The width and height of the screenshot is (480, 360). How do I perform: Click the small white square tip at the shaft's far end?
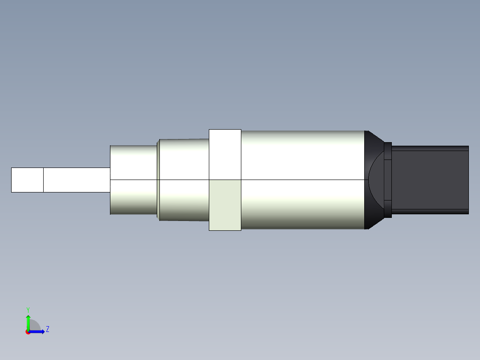click(27, 180)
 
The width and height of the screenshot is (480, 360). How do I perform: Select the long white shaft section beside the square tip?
click(77, 180)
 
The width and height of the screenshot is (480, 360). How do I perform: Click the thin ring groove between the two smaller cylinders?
click(158, 180)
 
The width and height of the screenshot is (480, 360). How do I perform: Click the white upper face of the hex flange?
click(225, 154)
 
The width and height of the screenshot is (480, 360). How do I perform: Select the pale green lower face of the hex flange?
click(225, 205)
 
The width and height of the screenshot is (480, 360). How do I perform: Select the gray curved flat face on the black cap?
click(377, 180)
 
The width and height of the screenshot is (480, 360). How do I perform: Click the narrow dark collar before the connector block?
click(388, 180)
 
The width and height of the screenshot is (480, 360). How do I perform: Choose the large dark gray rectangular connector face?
click(430, 180)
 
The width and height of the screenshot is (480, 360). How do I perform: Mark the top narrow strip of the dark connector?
click(430, 148)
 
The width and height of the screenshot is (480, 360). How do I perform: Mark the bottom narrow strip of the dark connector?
click(430, 212)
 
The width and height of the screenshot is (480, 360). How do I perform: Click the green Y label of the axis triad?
click(28, 309)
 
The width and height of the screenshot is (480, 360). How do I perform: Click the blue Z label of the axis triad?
click(48, 329)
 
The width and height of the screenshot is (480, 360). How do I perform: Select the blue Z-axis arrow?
click(37, 331)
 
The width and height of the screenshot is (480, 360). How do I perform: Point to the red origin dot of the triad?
click(28, 332)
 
